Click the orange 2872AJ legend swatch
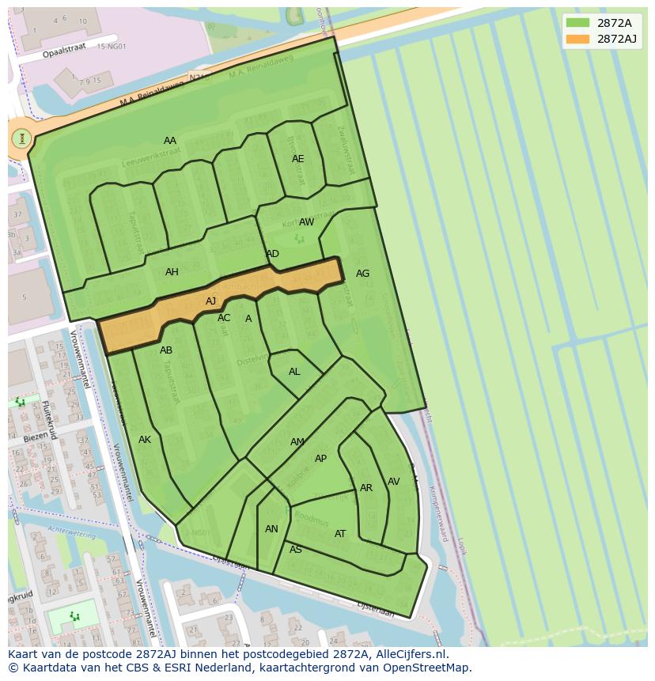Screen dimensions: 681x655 tap(578, 39)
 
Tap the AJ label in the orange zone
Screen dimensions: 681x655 tap(210, 301)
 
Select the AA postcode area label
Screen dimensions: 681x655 tap(170, 141)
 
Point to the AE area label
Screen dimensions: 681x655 tap(297, 159)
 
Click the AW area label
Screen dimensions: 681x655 tap(306, 222)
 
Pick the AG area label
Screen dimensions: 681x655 tap(362, 274)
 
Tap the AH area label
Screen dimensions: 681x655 tap(172, 272)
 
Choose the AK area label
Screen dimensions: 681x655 tap(145, 440)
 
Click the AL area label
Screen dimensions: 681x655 tap(294, 372)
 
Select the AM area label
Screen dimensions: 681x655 tap(297, 442)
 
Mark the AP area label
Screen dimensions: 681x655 tap(320, 459)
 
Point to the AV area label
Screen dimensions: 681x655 tap(393, 482)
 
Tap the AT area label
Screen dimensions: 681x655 tap(340, 534)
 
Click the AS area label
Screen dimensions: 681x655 tap(296, 550)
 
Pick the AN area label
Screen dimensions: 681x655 tap(271, 529)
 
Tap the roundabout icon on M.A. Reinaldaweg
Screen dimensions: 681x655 tap(21, 138)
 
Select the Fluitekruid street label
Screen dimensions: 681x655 tap(48, 420)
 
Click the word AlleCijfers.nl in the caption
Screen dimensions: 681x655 tap(411, 654)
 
